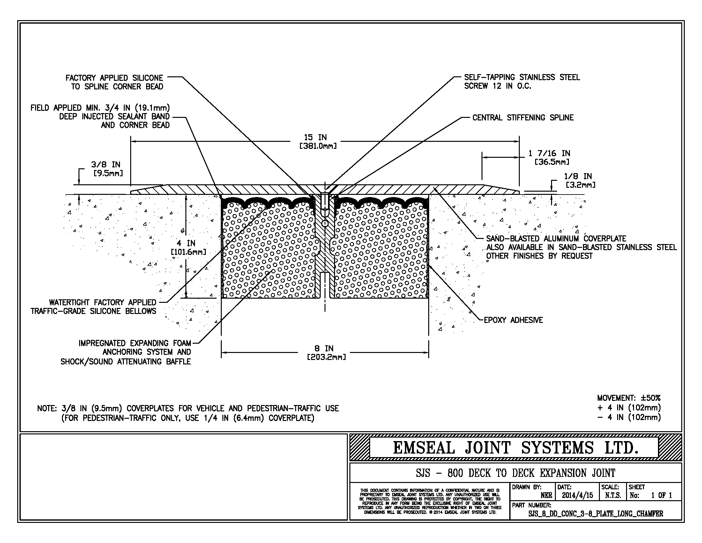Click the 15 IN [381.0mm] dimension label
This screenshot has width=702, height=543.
click(x=318, y=142)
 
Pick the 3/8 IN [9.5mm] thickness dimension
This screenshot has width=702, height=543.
click(x=106, y=169)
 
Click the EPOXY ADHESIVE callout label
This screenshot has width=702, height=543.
click(x=513, y=320)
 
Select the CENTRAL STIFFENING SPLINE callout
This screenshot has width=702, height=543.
click(x=523, y=118)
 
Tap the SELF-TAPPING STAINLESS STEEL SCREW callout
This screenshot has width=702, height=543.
click(x=522, y=82)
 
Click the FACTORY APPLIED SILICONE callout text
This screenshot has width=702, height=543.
click(x=115, y=82)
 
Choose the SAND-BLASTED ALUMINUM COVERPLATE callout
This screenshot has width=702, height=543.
click(x=556, y=239)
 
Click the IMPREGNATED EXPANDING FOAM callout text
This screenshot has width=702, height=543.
click(x=135, y=343)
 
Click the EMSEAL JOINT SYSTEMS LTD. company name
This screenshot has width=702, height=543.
click(x=515, y=447)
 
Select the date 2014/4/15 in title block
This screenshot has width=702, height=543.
click(x=577, y=495)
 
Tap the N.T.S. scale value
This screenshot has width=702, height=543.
click(x=613, y=495)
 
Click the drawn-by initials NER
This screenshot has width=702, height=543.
click(x=546, y=495)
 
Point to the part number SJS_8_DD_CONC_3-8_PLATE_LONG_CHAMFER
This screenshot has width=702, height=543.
click(x=596, y=514)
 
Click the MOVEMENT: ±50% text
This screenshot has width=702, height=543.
click(x=628, y=398)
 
